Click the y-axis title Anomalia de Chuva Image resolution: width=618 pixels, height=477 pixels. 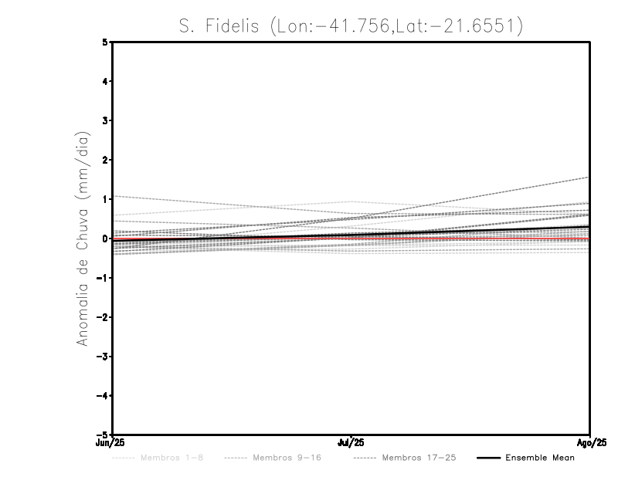click(83, 238)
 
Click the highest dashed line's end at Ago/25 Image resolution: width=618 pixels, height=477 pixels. click(589, 178)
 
